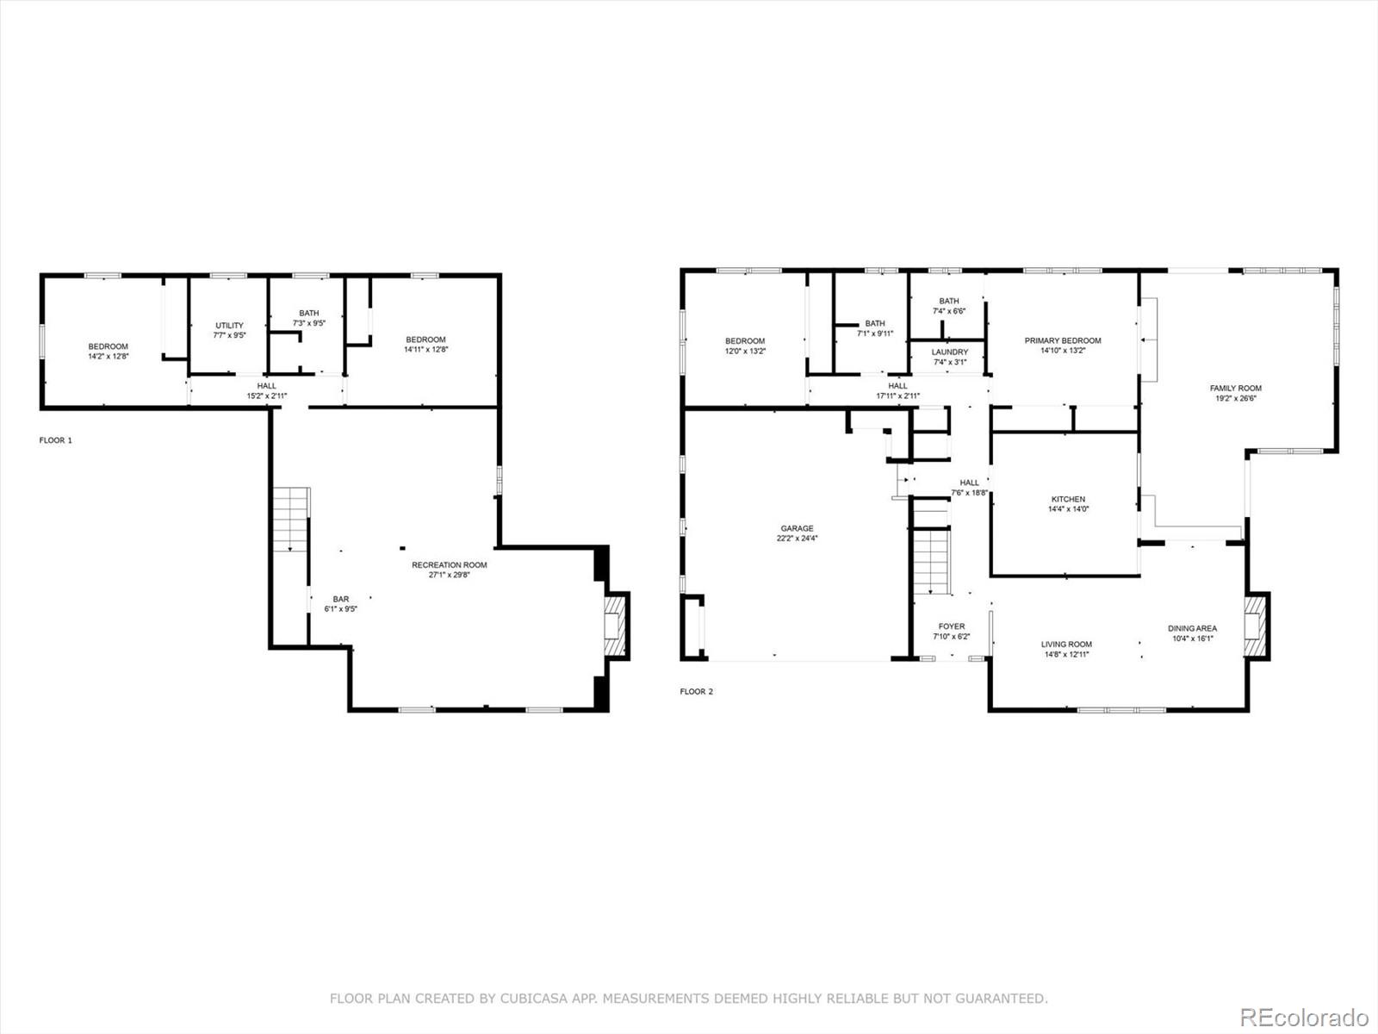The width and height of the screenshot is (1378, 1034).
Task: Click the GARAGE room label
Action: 797,528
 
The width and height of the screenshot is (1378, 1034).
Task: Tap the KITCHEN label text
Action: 1068,499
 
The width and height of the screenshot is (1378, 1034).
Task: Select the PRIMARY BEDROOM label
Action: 1063,340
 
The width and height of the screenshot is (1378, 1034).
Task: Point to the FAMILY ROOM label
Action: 1235,389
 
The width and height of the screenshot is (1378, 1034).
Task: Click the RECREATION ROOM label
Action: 449,565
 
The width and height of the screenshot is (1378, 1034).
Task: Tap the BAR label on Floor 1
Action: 341,599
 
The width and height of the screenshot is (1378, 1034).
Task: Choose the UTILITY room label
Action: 229,326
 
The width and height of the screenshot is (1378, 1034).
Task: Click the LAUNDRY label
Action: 949,352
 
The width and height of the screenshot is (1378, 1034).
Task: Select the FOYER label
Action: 952,626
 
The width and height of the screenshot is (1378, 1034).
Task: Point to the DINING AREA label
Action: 1192,628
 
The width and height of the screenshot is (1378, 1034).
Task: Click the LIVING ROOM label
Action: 1066,644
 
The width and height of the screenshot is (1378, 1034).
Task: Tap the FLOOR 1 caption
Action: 56,440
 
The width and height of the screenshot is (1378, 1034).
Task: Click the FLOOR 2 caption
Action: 697,691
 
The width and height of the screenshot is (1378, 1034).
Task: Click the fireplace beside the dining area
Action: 1257,626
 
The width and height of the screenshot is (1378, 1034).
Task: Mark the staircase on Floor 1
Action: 291,520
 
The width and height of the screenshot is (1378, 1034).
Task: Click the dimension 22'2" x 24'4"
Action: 797,539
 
